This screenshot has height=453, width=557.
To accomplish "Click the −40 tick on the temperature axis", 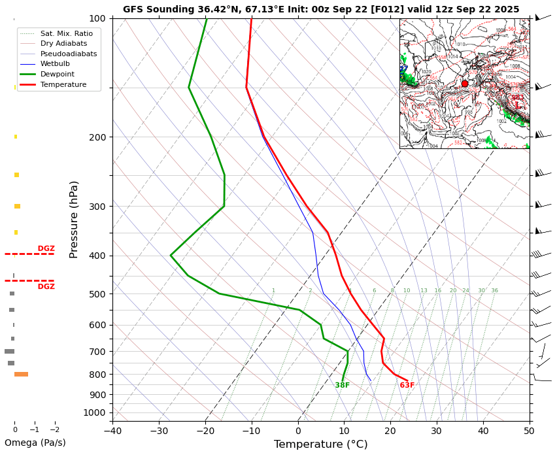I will click(112, 431).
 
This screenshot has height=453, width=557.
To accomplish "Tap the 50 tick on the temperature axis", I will click(530, 431).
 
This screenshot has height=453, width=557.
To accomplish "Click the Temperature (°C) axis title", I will click(320, 445).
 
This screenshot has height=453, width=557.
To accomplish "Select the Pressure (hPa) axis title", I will click(74, 219).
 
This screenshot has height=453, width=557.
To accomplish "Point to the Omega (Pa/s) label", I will click(35, 443).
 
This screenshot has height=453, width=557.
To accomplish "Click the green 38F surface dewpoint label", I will click(342, 386).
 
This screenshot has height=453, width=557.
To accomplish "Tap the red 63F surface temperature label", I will click(407, 386).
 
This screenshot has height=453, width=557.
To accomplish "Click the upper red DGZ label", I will click(46, 248).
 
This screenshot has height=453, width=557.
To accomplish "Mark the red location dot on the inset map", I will click(465, 84).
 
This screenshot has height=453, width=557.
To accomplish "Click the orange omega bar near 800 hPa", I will click(21, 374).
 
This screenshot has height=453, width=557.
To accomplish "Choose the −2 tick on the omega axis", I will click(54, 430).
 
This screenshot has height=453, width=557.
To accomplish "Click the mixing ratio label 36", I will click(494, 291).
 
